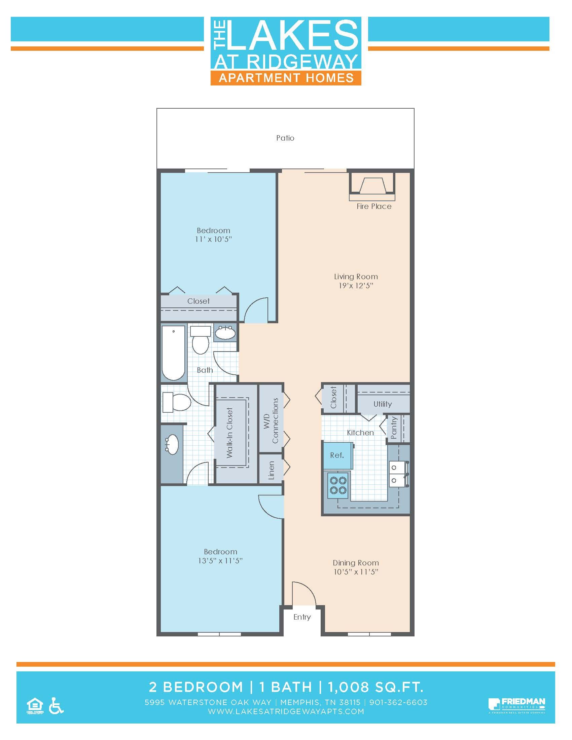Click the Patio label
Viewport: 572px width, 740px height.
tap(285, 138)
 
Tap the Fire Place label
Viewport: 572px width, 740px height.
tap(374, 206)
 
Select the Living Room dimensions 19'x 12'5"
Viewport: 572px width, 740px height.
tap(355, 286)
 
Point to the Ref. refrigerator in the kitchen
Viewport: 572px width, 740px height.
tap(337, 455)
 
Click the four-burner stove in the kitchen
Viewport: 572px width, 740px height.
tap(338, 485)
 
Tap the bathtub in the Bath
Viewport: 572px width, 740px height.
tap(174, 353)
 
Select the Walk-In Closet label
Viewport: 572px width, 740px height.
tap(230, 433)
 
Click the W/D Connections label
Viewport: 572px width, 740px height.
tap(271, 420)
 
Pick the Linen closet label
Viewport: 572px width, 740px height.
tap(271, 470)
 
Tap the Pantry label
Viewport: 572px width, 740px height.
tap(394, 428)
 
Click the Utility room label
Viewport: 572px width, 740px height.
tap(383, 404)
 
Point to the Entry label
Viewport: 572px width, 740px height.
tap(302, 617)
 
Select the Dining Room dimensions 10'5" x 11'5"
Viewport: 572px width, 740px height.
tap(355, 572)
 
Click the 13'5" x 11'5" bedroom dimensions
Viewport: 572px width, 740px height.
tap(220, 561)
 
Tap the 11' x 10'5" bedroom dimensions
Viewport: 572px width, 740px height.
tap(213, 239)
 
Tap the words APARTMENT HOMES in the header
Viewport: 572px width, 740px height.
tap(286, 78)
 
